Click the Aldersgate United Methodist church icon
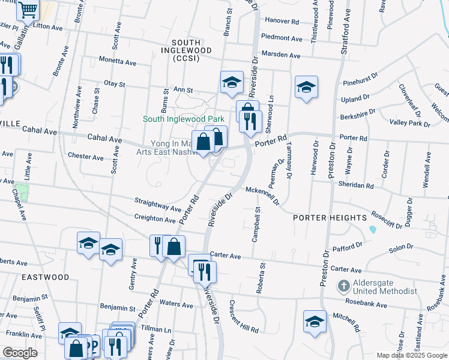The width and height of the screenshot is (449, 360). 343,285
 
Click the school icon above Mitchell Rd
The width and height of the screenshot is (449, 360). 315,322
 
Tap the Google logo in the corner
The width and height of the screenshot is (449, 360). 19,353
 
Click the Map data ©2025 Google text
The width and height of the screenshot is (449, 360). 412,355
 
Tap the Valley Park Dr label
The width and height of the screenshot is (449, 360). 410,123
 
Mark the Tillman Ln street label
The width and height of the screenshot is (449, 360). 155,329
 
